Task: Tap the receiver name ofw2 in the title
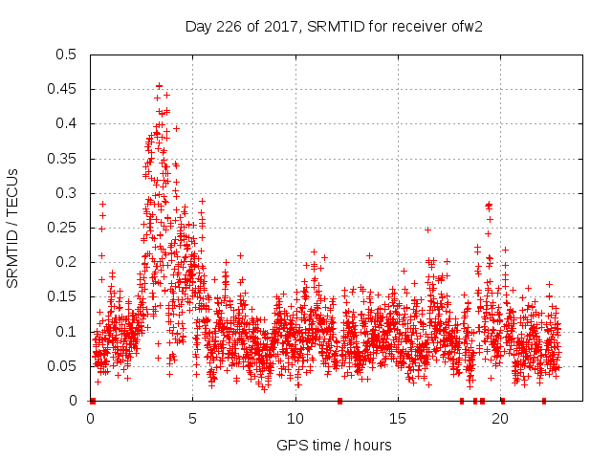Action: [466, 26]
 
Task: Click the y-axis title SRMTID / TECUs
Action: [13, 228]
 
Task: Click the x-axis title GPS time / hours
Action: [334, 445]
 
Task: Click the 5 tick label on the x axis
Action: [193, 418]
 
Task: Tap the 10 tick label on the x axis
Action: [295, 418]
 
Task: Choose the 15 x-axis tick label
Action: [398, 418]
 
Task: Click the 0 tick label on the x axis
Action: [91, 418]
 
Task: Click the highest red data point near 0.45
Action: [159, 86]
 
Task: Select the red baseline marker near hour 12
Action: [339, 401]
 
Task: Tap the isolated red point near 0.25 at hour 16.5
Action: [427, 229]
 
